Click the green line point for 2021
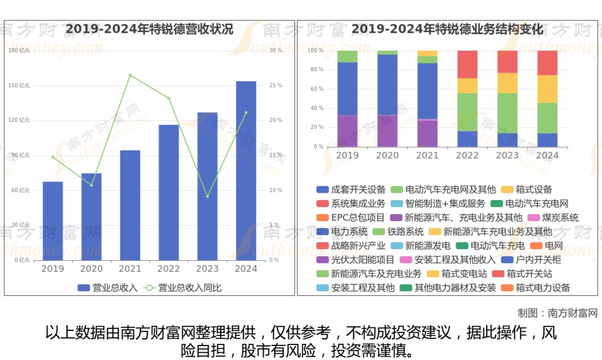pyautogui.click(x=130, y=75)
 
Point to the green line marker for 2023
pyautogui.click(x=207, y=196)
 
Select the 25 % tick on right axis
pyautogui.click(x=275, y=85)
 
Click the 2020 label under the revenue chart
pyautogui.click(x=91, y=269)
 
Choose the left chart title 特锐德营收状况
pyautogui.click(x=149, y=29)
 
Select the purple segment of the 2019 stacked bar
pyautogui.click(x=347, y=131)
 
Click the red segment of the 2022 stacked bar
pyautogui.click(x=467, y=64)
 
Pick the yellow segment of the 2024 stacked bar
pyautogui.click(x=547, y=89)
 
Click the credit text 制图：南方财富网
pyautogui.click(x=557, y=313)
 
